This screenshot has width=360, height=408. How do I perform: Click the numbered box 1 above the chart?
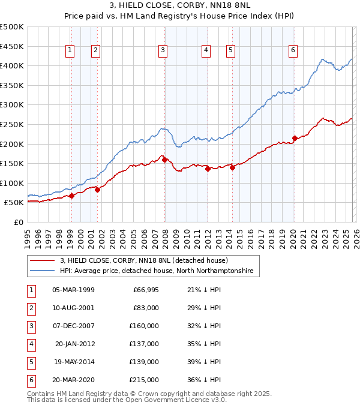(x=71, y=50)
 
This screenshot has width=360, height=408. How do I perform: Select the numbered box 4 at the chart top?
(x=206, y=50)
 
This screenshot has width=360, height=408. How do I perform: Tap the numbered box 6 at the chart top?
(x=293, y=50)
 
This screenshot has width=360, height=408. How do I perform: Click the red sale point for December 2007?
(x=164, y=160)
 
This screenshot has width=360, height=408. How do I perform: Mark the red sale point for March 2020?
(x=295, y=138)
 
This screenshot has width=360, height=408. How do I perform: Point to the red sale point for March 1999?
(x=71, y=196)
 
